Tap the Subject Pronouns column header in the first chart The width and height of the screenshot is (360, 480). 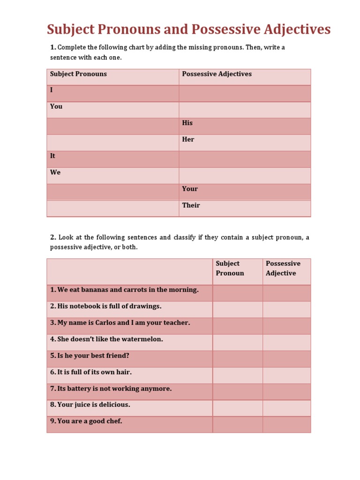(x=78, y=74)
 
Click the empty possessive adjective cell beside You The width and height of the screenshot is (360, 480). (x=244, y=110)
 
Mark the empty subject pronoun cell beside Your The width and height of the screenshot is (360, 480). (x=112, y=192)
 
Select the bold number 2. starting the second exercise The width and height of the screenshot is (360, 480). (x=53, y=237)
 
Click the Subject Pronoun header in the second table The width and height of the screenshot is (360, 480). (x=230, y=268)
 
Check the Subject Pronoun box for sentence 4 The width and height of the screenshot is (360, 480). (x=237, y=342)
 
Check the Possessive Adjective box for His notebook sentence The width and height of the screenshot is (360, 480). (x=286, y=309)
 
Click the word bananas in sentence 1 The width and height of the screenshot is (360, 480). (x=98, y=290)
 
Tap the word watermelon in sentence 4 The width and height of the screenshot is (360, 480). (x=142, y=339)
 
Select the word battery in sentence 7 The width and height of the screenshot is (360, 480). (x=81, y=389)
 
